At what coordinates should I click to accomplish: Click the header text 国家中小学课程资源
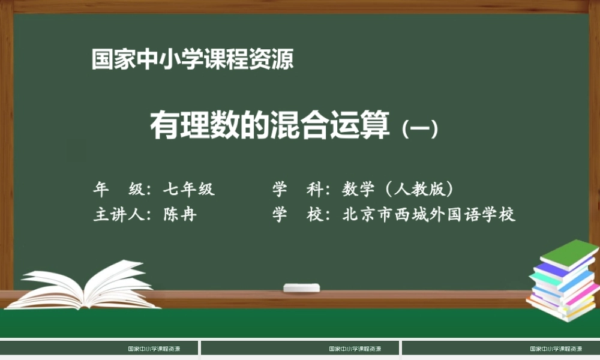[x=193, y=59]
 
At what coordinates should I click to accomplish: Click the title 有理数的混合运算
[x=269, y=125]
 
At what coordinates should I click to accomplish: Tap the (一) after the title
[x=421, y=128]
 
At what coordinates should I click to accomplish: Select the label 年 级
[x=119, y=190]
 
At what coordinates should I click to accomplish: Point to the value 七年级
[x=188, y=190]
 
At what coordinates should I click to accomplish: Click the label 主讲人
[x=119, y=214]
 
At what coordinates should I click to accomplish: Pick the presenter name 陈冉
[x=180, y=214]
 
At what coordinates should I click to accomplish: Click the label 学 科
[x=298, y=190]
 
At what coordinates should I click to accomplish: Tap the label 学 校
[x=298, y=214]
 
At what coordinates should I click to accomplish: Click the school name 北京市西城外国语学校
[x=429, y=214]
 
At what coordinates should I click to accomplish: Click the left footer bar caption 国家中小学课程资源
[x=154, y=349]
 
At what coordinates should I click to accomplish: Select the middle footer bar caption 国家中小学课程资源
[x=355, y=349]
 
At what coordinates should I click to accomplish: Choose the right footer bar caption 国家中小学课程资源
[x=556, y=349]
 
